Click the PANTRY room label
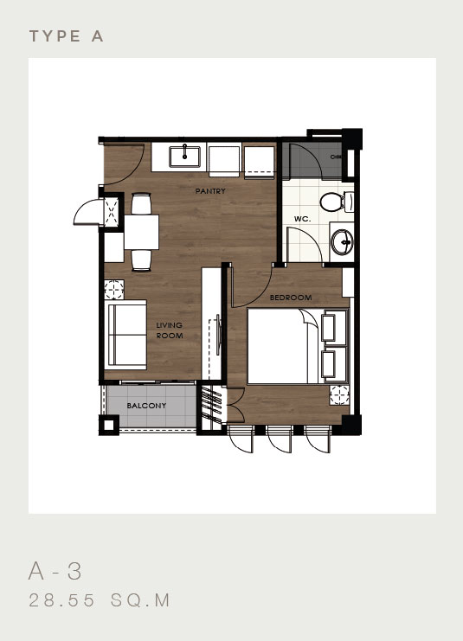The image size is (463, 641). pos(210,190)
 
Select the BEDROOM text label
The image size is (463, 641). pos(290,298)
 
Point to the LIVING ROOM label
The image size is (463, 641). pos(169,330)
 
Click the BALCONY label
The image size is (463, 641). pos(141,406)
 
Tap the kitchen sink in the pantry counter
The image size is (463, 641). pos(184,157)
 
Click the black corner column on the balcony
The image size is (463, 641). pos(108,426)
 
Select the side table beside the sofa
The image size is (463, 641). pos(113,285)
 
